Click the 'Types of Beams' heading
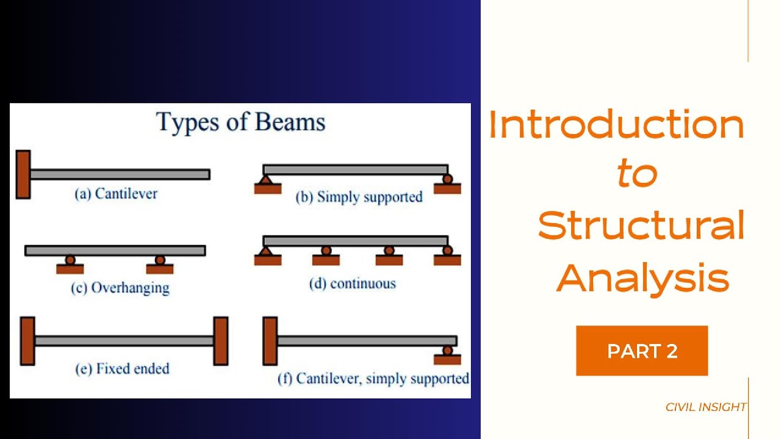(241, 122)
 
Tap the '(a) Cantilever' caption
(116, 194)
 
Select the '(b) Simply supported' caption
(359, 197)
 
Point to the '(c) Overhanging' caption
(120, 288)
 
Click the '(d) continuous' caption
(353, 284)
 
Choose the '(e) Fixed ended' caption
(122, 368)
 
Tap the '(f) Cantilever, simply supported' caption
(373, 379)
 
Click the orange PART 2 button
(642, 351)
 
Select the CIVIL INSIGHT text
(706, 407)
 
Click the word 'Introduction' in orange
(616, 125)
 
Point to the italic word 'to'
(636, 174)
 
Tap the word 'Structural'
(641, 226)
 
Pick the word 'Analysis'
(642, 277)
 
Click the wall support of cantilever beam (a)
(23, 174)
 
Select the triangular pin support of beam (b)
(265, 180)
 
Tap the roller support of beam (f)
(448, 351)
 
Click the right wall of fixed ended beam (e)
(220, 341)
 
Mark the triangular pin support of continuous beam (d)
(265, 251)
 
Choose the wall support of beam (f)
(270, 341)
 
